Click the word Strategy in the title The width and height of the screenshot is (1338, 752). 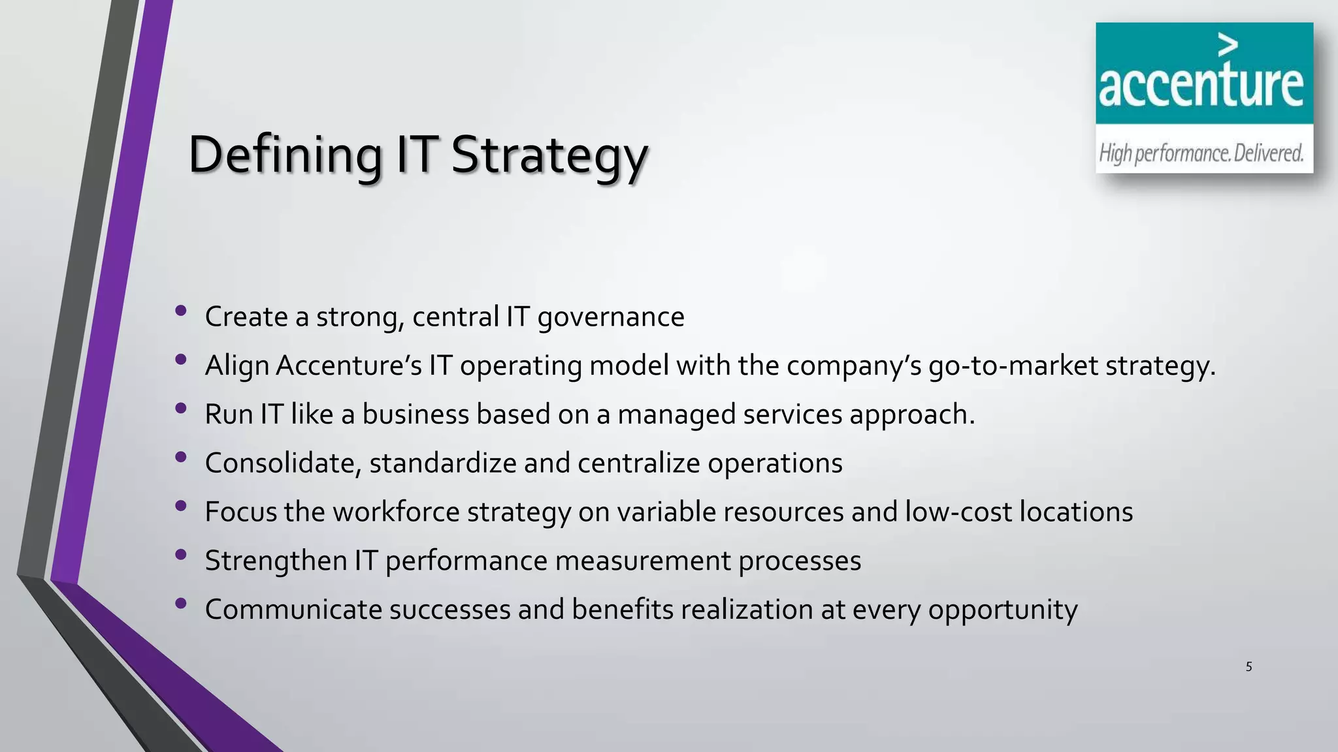549,155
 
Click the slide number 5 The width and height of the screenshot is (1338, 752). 1248,666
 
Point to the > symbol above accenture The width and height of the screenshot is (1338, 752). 1228,45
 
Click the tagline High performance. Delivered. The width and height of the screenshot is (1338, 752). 1201,153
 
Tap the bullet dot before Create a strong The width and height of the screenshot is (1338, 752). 181,311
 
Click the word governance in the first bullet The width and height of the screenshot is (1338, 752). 610,317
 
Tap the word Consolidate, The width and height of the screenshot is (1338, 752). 283,463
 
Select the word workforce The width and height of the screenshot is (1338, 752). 396,512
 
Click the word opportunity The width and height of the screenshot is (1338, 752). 1002,610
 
